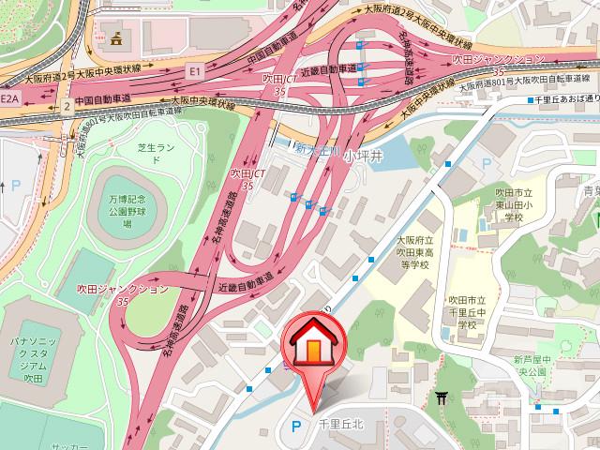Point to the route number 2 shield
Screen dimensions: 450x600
pyautogui.click(x=67, y=106)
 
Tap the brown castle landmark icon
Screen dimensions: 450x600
pyautogui.click(x=116, y=38)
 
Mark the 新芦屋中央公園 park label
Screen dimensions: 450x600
pyautogui.click(x=536, y=367)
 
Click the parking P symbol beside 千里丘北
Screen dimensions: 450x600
pyautogui.click(x=296, y=426)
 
